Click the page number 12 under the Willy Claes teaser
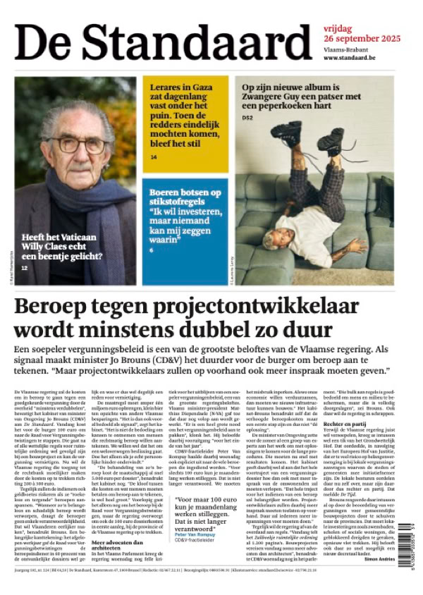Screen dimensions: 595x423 [25, 268]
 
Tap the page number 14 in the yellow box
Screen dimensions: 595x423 [154, 157]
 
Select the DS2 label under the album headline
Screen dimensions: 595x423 [247, 117]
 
